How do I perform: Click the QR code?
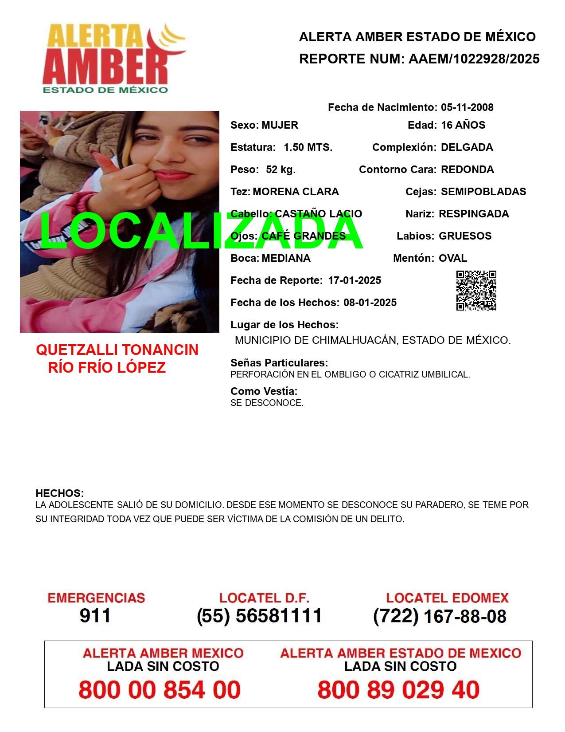(x=476, y=291)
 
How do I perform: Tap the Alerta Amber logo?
(x=113, y=58)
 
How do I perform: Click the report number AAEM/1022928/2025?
(x=474, y=59)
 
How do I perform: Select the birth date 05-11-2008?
(x=467, y=107)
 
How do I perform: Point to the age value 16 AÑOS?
(x=463, y=125)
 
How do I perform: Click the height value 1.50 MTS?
(x=308, y=147)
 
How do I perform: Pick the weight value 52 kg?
(x=281, y=169)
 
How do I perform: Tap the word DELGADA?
(x=467, y=147)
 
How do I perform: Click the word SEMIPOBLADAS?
(x=483, y=192)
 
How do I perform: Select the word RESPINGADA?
(x=474, y=214)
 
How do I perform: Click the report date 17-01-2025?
(x=355, y=280)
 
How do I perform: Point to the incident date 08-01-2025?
(x=370, y=303)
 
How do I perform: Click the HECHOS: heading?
(x=59, y=493)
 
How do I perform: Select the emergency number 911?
(x=95, y=616)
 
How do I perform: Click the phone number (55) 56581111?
(x=259, y=616)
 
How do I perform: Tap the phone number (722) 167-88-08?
(x=440, y=616)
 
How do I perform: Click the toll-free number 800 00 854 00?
(x=160, y=690)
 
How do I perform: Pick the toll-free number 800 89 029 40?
(x=398, y=690)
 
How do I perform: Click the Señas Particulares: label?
(x=279, y=363)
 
